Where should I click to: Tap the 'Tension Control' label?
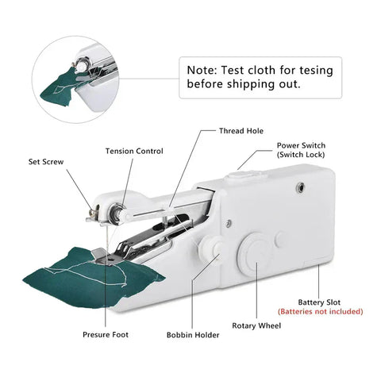[135, 151]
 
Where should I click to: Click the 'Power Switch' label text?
[301, 145]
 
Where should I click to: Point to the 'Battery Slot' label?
[319, 302]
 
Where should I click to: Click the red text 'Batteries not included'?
[320, 312]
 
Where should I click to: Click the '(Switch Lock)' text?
[301, 156]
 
